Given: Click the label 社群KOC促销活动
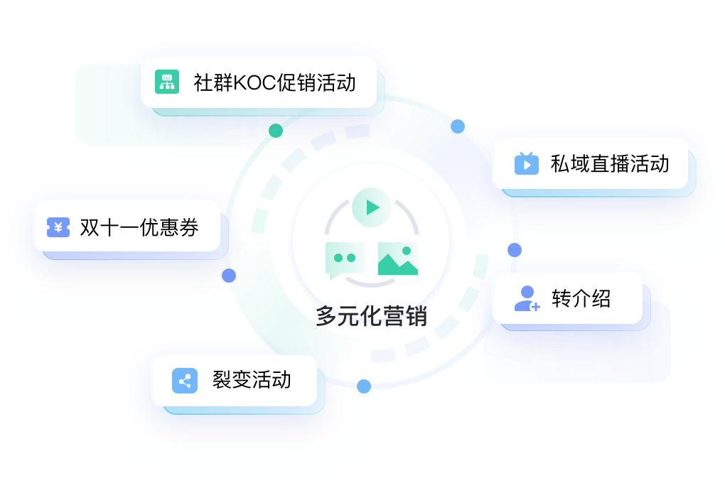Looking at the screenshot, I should tap(274, 83).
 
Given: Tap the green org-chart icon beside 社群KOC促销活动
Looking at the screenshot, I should tap(168, 82).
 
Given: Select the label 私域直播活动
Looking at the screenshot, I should tap(610, 164).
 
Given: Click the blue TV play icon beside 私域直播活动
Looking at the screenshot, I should tap(527, 163).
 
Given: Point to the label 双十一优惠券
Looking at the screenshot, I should tap(139, 228).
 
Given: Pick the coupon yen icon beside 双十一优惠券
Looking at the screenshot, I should tap(58, 227).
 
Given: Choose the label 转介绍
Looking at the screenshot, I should tap(581, 298).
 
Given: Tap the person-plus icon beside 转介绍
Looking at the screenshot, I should tap(527, 298).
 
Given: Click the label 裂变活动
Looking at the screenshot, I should tap(252, 379).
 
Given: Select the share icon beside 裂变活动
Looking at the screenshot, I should tap(185, 381).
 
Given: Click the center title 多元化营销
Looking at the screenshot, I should tap(372, 315).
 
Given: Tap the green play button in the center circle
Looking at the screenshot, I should tap(371, 207).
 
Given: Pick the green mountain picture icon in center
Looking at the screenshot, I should tap(398, 259).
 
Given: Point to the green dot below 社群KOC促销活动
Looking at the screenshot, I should tap(275, 130).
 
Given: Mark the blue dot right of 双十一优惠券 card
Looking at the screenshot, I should tap(229, 275).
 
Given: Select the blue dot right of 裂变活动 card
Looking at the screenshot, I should tap(364, 386).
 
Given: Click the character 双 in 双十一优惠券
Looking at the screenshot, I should tap(89, 228).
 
